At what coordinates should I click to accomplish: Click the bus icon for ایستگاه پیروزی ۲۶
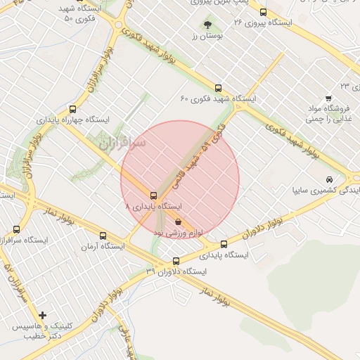coord(263,12)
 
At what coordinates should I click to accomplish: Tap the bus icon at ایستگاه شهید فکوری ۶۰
coord(218,89)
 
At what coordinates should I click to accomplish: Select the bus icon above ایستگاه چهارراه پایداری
coord(73,109)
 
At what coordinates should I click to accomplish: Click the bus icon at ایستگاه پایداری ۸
coord(153,195)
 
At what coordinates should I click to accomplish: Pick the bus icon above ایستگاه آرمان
coord(103,236)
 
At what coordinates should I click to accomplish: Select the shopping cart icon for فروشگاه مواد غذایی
coord(328,98)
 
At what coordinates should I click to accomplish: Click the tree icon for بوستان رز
coord(207,25)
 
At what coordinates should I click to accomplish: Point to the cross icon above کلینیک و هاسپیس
coord(43,315)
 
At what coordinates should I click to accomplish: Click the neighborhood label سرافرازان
coord(121,146)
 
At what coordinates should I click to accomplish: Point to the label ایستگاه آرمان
coord(103,247)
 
